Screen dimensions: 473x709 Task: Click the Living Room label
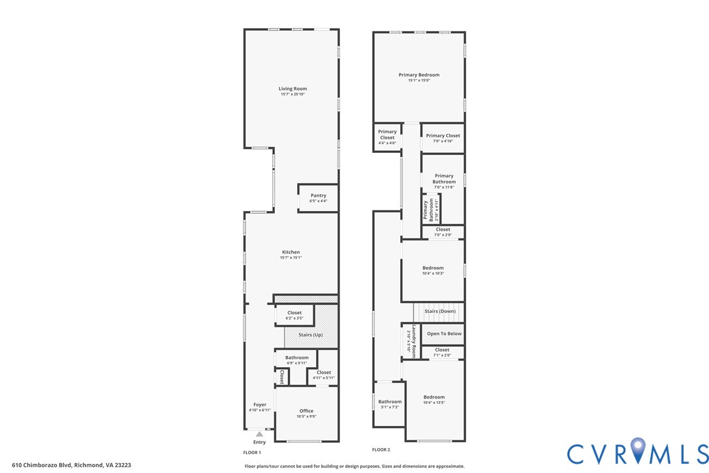pos(292,89)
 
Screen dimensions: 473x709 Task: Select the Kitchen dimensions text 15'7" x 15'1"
pos(291,257)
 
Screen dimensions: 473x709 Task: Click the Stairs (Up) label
pos(310,335)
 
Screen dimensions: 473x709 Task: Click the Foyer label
pos(259,405)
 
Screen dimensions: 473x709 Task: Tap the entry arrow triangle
pos(259,434)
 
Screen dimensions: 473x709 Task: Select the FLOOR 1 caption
pos(252,452)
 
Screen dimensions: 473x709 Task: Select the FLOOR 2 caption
pos(381,449)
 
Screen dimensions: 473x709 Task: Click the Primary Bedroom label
pos(419,75)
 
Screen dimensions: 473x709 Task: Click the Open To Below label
pos(444,334)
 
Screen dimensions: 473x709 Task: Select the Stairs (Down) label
pos(440,312)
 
